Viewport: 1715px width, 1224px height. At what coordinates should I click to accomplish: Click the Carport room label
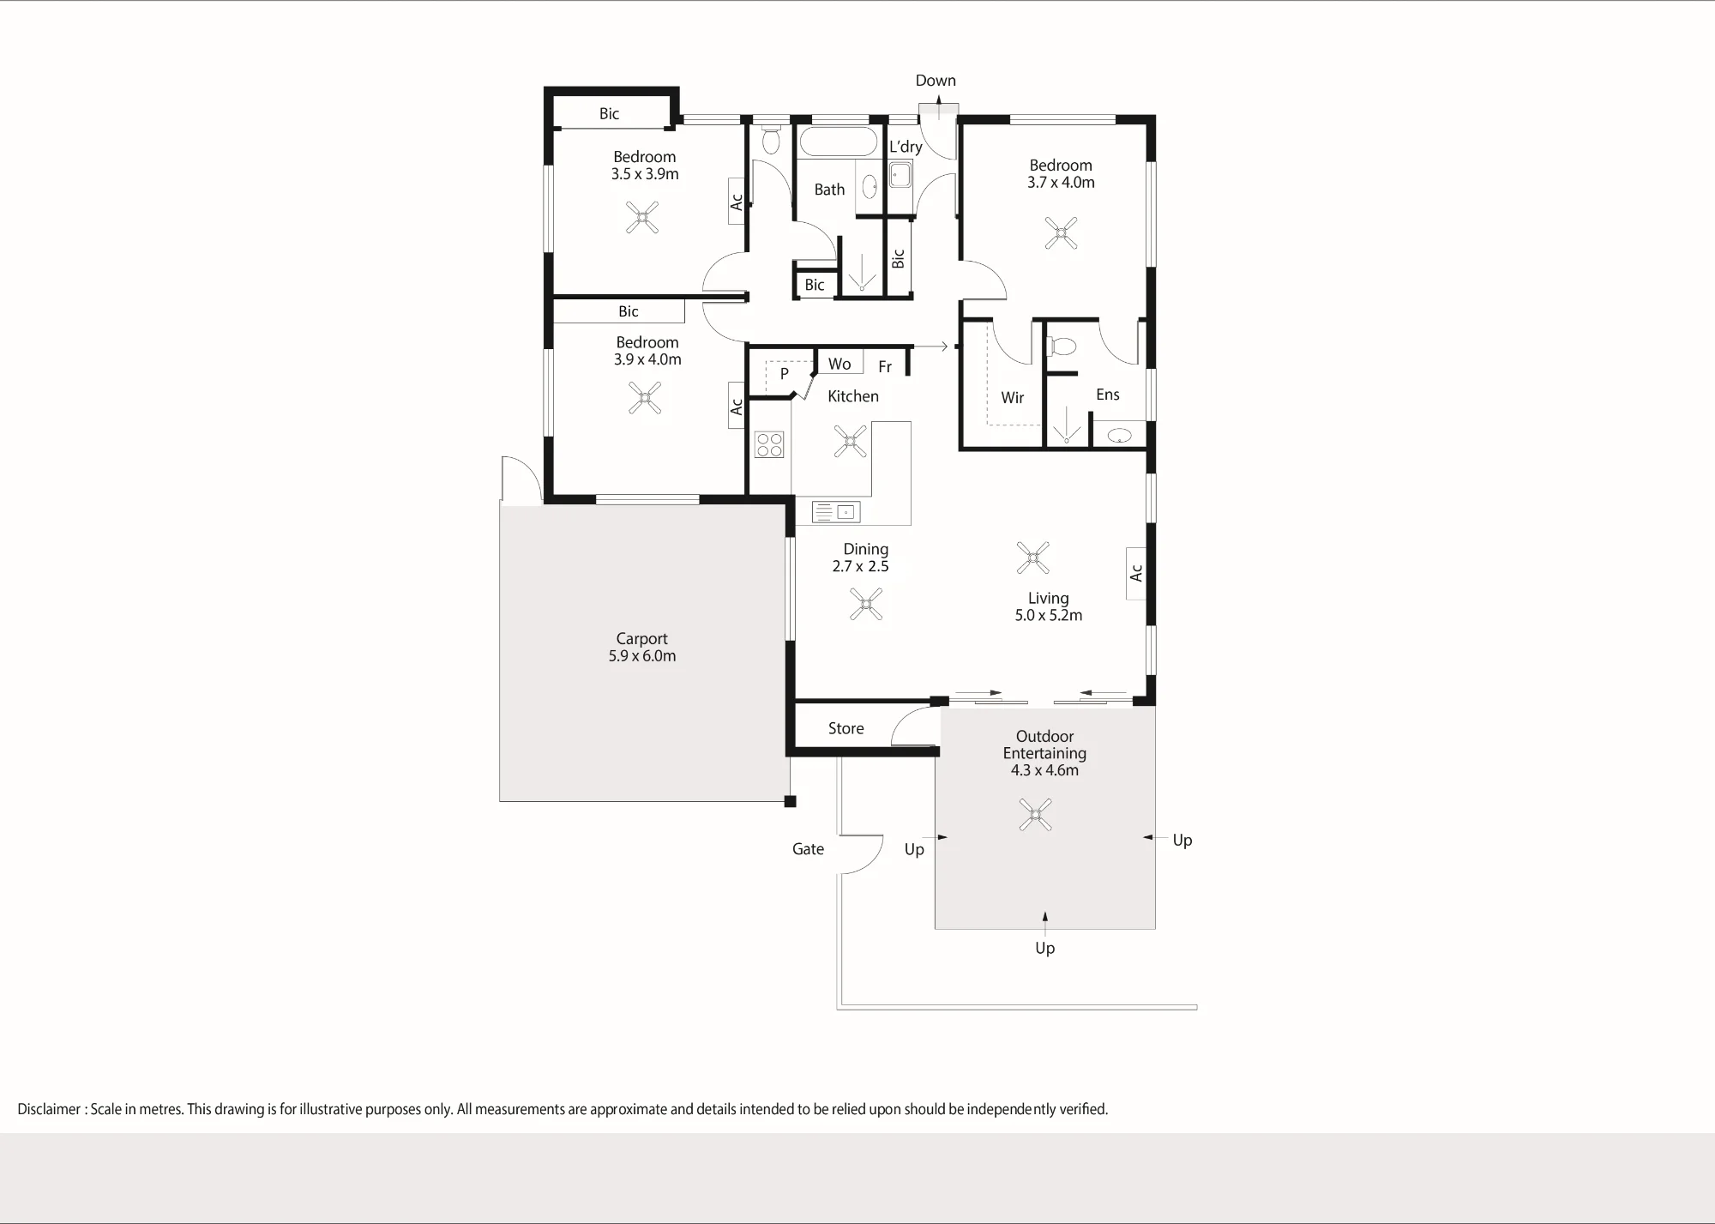[x=641, y=639]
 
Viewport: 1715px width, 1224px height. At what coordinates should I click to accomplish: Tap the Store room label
[x=845, y=728]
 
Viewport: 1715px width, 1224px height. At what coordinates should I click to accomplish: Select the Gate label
[x=808, y=849]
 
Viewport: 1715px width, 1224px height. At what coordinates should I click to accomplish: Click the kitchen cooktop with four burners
[x=769, y=443]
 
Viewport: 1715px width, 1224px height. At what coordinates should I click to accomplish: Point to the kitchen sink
[x=836, y=512]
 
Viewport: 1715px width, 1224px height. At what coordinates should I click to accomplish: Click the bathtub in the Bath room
[x=838, y=142]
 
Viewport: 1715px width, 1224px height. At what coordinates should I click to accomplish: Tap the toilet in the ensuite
[x=1062, y=347]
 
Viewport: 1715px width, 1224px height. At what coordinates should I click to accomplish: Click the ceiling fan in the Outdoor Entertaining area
[x=1035, y=814]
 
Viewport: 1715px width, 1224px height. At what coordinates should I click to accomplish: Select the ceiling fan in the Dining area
[x=866, y=604]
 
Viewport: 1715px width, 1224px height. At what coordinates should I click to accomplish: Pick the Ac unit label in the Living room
[x=1136, y=572]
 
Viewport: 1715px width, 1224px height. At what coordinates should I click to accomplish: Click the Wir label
[x=1013, y=398]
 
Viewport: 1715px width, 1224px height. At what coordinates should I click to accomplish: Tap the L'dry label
[x=906, y=147]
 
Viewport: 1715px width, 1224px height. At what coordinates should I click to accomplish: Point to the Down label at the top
[x=936, y=81]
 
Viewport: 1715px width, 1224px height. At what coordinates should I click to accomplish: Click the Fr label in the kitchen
[x=885, y=367]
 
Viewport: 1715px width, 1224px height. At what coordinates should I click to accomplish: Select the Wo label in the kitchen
[x=839, y=364]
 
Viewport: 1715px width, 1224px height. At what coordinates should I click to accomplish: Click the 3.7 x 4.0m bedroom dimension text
[x=1061, y=183]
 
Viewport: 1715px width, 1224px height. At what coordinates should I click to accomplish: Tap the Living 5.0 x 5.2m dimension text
[x=1049, y=615]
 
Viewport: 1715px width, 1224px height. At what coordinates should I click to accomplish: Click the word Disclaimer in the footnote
[x=49, y=1109]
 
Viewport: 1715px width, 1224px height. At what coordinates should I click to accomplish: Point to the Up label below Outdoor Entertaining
[x=1044, y=949]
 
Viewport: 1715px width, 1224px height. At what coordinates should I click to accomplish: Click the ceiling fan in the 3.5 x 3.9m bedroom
[x=641, y=218]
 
